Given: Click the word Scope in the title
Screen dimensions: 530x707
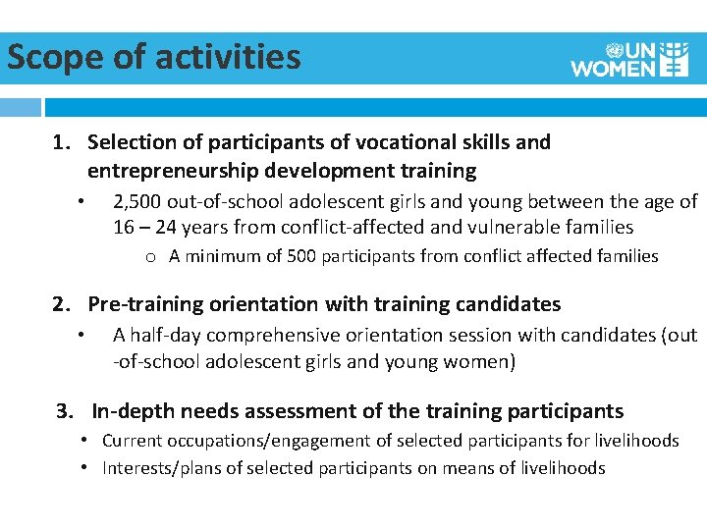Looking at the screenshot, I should click(x=55, y=57).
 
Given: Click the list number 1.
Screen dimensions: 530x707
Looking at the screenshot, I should click(x=60, y=142).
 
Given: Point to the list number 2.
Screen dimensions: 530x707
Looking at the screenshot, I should click(x=60, y=304).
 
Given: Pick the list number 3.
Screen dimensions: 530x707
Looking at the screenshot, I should click(x=64, y=411).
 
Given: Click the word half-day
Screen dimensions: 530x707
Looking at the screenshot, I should click(x=167, y=335).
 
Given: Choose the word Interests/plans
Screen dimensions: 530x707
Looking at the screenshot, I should click(x=162, y=468).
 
